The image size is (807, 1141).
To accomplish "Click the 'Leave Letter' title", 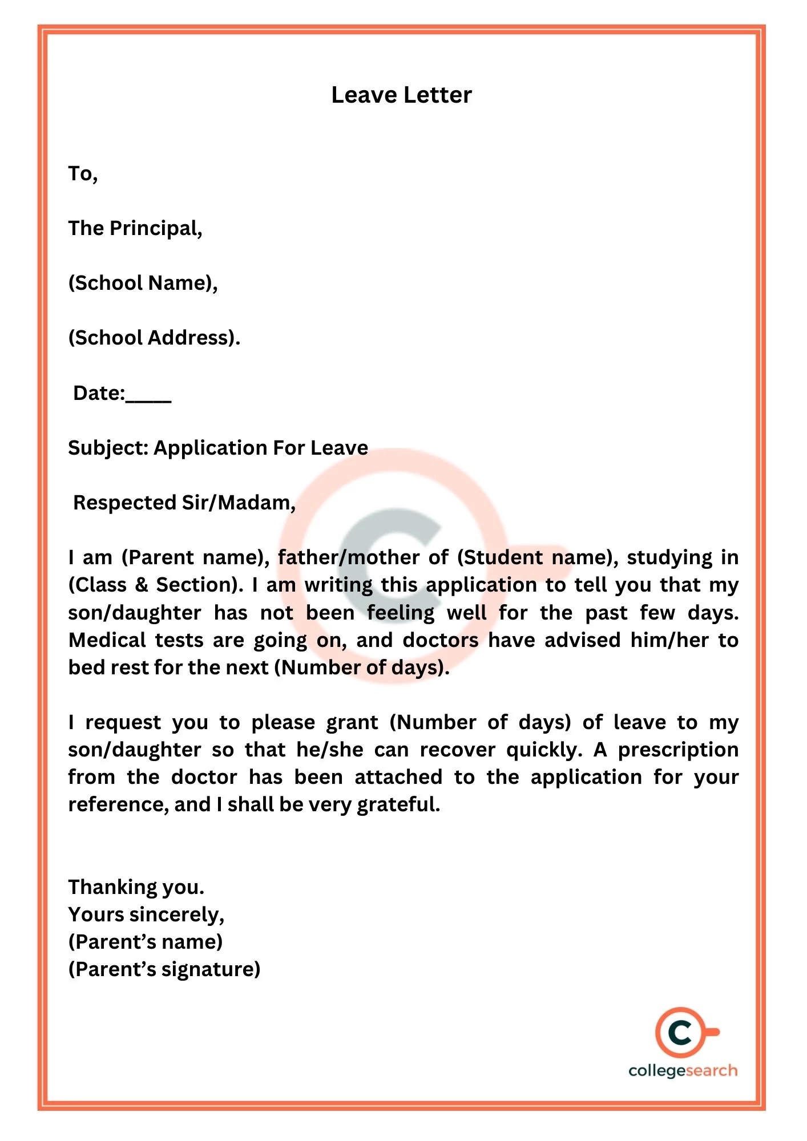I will coord(401,95).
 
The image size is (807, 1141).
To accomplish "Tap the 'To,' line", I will coord(83,173).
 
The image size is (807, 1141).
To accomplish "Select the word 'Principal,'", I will coord(156,229).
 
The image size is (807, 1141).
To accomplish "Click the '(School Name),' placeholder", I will coord(143,283).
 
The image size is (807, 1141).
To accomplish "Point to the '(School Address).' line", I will coord(154,338).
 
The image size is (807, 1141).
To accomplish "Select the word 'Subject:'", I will coord(108,448).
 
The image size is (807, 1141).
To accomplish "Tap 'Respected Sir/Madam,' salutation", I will coord(184,503).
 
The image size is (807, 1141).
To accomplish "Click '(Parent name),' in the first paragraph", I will coord(196,557).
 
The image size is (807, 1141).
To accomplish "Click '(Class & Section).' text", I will coord(156,585).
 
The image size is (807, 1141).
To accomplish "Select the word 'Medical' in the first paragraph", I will coord(107,640).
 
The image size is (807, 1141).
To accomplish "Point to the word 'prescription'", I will coord(678,750).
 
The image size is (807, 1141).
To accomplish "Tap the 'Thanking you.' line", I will coord(136,887).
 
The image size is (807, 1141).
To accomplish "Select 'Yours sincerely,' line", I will coord(146,915).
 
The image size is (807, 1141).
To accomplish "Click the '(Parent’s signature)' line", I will coord(164,969).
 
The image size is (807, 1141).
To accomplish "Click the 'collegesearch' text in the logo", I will coord(683,1070).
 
